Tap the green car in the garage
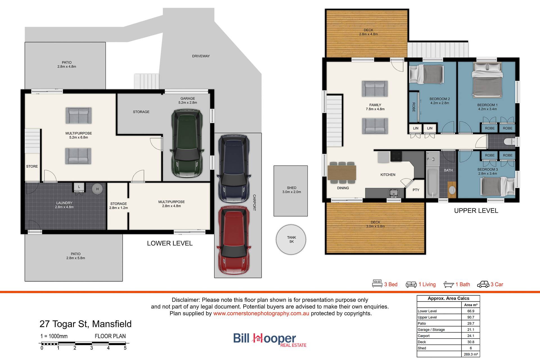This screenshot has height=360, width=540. [187, 144]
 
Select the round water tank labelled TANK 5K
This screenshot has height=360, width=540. [291, 239]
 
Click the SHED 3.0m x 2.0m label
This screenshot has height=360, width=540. [292, 190]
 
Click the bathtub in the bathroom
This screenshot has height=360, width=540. [432, 183]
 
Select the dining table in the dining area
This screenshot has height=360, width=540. [342, 173]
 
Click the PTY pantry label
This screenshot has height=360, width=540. [416, 190]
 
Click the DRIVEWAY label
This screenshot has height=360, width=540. [201, 56]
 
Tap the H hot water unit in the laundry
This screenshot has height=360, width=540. [97, 189]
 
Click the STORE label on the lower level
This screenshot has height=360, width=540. [32, 166]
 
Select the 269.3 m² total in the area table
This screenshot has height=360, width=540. [471, 354]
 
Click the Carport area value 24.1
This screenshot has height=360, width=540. [471, 336]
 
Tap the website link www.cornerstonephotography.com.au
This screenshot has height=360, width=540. [261, 313]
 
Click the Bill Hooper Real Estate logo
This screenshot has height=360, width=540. [270, 340]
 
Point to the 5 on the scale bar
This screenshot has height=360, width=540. [125, 348]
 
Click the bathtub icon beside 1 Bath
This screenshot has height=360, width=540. [449, 285]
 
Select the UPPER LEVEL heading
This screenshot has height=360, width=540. [476, 211]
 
